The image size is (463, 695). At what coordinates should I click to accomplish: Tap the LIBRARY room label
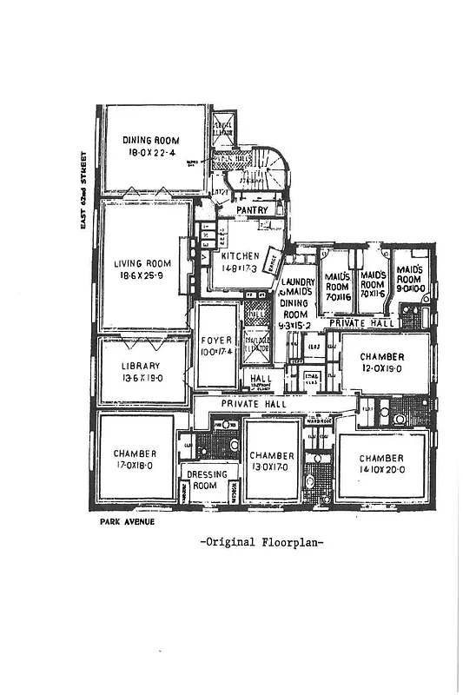141,366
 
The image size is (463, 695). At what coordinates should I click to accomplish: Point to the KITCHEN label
240,256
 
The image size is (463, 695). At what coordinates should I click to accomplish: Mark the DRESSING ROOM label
208,480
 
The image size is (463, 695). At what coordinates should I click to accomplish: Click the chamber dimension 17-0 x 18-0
135,465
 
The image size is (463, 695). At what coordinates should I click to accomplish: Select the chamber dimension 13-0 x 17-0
272,467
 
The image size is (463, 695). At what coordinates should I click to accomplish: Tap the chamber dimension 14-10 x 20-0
381,469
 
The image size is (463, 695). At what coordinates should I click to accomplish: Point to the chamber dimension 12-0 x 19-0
383,367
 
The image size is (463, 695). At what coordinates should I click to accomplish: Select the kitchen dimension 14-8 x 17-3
240,268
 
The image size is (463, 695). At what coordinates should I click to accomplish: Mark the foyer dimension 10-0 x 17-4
214,353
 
